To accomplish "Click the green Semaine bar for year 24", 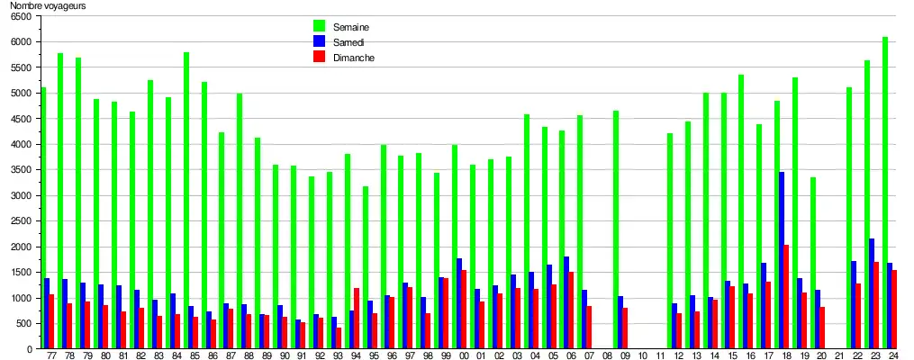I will (885, 193).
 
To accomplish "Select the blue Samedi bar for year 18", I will (782, 260).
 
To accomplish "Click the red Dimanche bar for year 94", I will (357, 319).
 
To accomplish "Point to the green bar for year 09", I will (616, 229).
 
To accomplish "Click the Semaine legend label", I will (351, 26).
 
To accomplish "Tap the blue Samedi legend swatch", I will (319, 41).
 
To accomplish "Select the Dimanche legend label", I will (354, 58).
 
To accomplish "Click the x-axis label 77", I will (51, 356).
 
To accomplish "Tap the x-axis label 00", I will (464, 356).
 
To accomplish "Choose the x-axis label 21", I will (839, 356).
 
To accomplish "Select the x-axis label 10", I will (642, 356).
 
